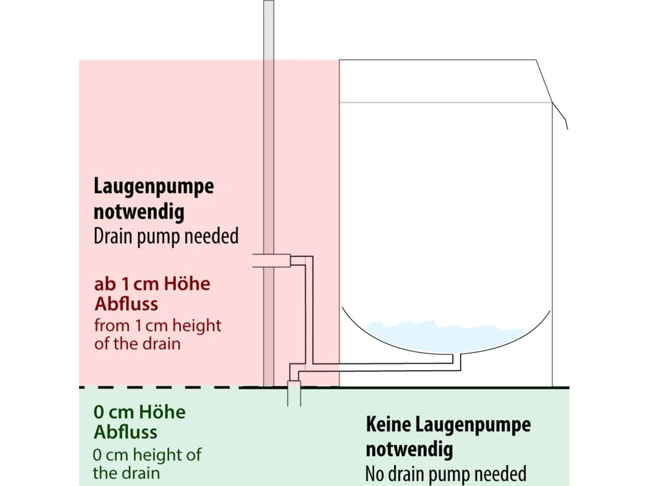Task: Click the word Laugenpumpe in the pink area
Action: [x=154, y=187]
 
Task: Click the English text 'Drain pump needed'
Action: [x=166, y=237]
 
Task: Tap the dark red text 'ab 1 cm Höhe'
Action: [x=152, y=284]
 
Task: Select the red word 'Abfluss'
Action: [x=126, y=304]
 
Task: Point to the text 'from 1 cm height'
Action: [x=158, y=327]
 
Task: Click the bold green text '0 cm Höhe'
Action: [x=139, y=413]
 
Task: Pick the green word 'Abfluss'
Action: [x=125, y=433]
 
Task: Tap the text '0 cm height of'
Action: [x=147, y=454]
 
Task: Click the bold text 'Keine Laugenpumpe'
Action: [x=448, y=425]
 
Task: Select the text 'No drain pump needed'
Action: [x=445, y=473]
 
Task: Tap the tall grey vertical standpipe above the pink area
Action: [x=269, y=32]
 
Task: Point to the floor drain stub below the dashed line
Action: [x=294, y=396]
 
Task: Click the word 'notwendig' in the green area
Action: [x=409, y=450]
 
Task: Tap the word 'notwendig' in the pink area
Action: [x=139, y=212]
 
